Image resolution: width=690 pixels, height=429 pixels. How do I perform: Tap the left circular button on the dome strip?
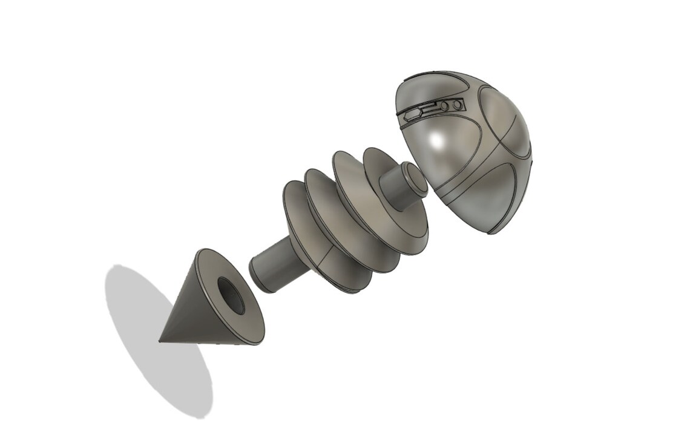pos(445,106)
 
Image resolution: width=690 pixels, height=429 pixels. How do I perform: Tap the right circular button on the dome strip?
pos(457,105)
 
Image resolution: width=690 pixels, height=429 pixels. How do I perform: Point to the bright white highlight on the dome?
pos(436,140)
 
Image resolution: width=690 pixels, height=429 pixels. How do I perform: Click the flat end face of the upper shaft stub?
pos(416,182)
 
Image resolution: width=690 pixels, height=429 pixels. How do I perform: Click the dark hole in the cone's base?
pos(231,296)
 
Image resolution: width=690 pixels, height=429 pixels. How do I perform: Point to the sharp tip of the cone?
pos(160,341)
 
